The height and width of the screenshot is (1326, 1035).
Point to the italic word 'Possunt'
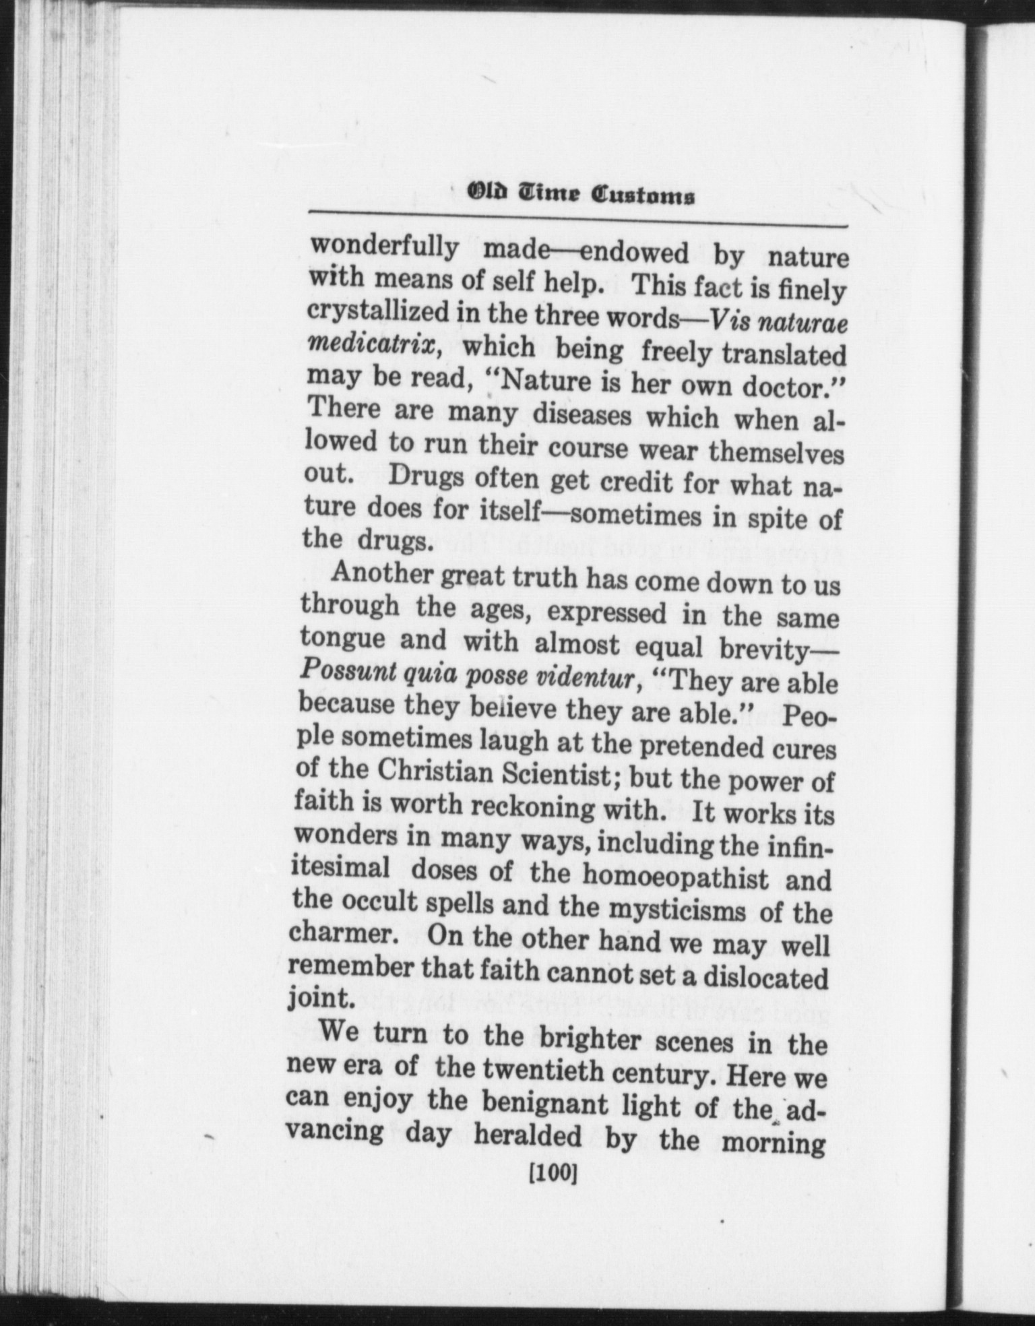tap(344, 670)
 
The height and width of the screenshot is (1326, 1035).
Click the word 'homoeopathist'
tap(675, 877)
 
